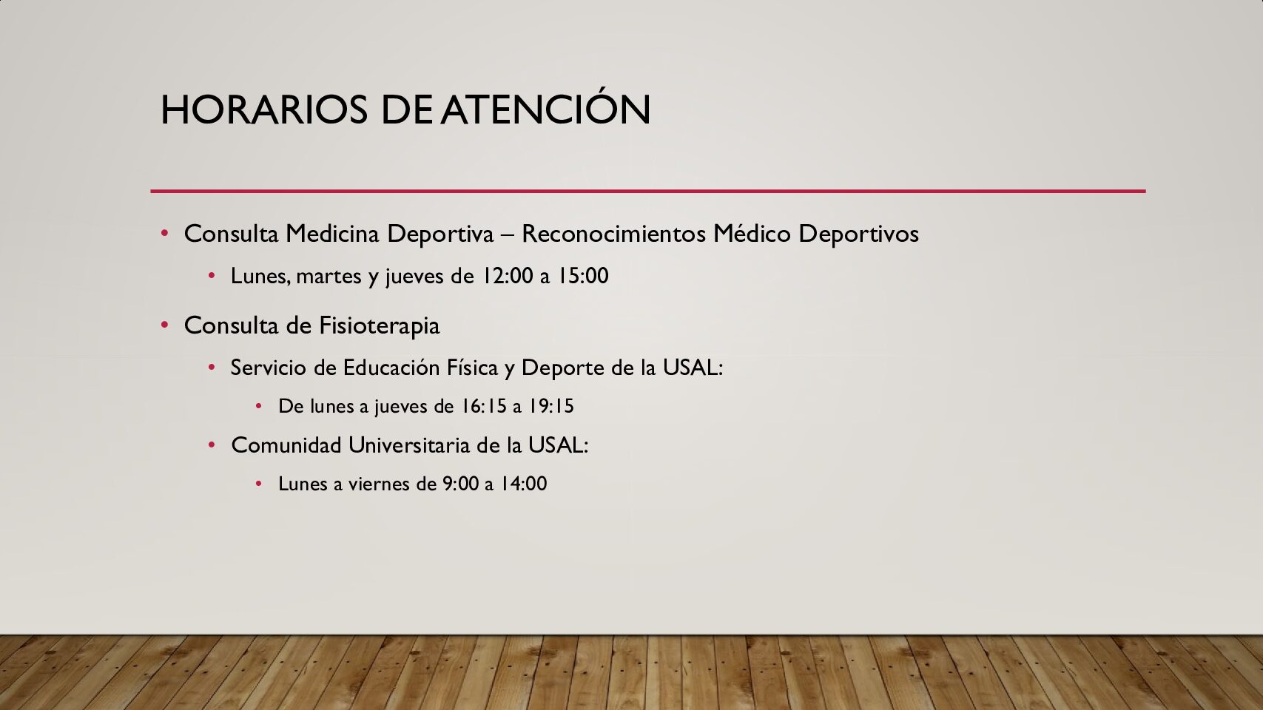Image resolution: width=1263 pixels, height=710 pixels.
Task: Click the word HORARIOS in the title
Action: [x=264, y=109]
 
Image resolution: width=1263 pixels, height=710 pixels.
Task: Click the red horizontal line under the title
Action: [x=648, y=191]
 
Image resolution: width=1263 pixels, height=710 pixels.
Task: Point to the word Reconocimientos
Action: [x=613, y=233]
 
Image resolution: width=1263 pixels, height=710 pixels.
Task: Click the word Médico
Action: [x=752, y=233]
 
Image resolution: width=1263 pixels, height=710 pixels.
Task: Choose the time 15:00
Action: [x=583, y=276]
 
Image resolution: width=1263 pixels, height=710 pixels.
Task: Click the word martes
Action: [x=329, y=276]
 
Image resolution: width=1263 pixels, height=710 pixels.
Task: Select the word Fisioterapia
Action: [x=380, y=325]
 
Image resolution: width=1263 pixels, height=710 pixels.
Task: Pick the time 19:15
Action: [x=551, y=406]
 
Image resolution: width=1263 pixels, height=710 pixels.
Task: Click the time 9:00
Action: [x=461, y=484]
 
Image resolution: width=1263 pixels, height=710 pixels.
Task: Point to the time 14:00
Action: [x=524, y=484]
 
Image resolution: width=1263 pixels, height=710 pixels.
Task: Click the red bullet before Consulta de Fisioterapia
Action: [x=165, y=325]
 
